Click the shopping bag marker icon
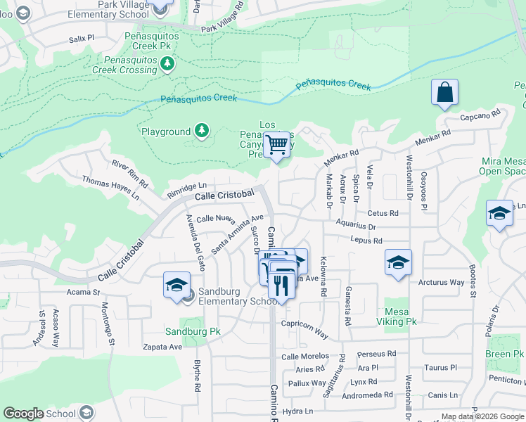tap(445, 93)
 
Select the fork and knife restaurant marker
tap(281, 284)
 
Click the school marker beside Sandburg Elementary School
tap(176, 285)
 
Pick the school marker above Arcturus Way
tap(398, 263)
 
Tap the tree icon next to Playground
tap(202, 131)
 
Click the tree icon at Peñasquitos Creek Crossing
tap(167, 65)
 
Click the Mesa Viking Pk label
tap(399, 316)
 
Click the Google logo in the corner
tap(24, 414)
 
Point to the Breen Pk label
tap(504, 354)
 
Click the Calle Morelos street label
tap(305, 357)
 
